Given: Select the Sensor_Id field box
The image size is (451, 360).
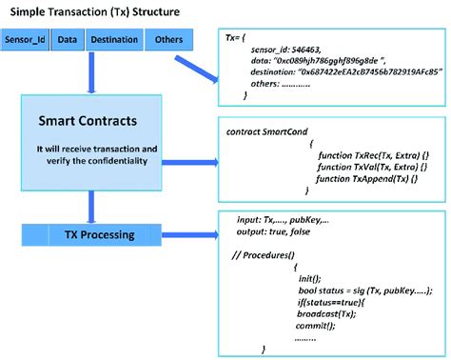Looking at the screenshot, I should click(x=27, y=41).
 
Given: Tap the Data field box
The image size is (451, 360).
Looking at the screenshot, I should click(x=67, y=41).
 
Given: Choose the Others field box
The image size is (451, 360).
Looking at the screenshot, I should click(x=167, y=41).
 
